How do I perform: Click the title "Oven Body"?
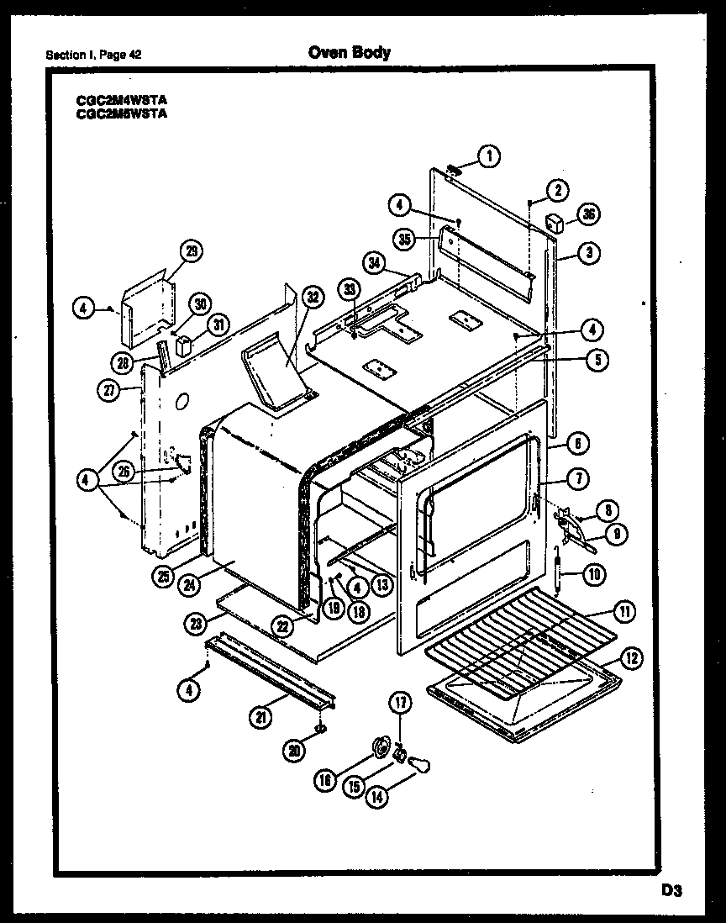pos(349,53)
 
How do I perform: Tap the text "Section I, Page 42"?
pos(93,55)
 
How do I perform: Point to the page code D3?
pos(670,889)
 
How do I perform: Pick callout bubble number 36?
pos(588,216)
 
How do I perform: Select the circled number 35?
pos(405,240)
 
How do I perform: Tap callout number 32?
pos(313,296)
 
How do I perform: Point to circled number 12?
pos(632,659)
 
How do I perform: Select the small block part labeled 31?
pos(181,346)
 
